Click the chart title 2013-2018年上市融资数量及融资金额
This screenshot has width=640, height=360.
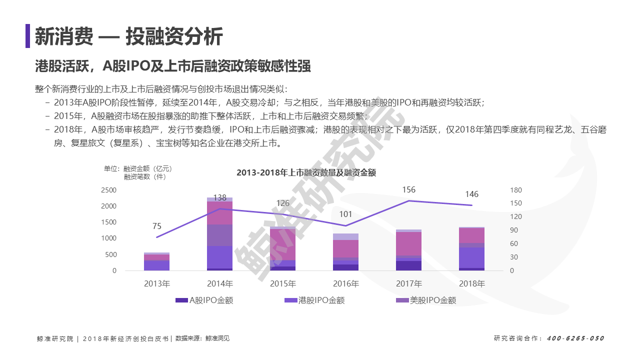(x=306, y=172)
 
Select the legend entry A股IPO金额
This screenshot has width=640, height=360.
(x=204, y=300)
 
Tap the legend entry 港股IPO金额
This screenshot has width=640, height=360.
(x=314, y=300)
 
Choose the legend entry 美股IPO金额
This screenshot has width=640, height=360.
(x=426, y=300)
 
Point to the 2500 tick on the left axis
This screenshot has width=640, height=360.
(x=108, y=190)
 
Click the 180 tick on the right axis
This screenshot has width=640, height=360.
(x=516, y=190)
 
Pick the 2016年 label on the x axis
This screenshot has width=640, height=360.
(x=345, y=283)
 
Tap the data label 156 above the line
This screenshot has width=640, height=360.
(x=408, y=189)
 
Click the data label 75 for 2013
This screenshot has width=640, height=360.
(x=157, y=226)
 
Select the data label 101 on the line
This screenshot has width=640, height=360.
(x=345, y=214)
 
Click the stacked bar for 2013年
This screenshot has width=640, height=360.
(x=156, y=261)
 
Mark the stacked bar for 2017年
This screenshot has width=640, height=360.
(x=408, y=250)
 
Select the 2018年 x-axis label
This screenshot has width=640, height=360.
(x=472, y=283)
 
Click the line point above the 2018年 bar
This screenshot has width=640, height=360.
(x=471, y=205)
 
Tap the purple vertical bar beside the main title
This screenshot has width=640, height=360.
(x=27, y=35)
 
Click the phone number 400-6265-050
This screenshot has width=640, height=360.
(x=575, y=338)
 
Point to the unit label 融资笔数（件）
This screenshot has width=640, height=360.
(x=145, y=177)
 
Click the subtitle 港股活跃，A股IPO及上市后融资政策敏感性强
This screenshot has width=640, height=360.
(x=173, y=66)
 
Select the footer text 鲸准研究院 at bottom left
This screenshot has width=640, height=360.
(x=55, y=339)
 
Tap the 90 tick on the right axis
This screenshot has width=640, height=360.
(x=514, y=230)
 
